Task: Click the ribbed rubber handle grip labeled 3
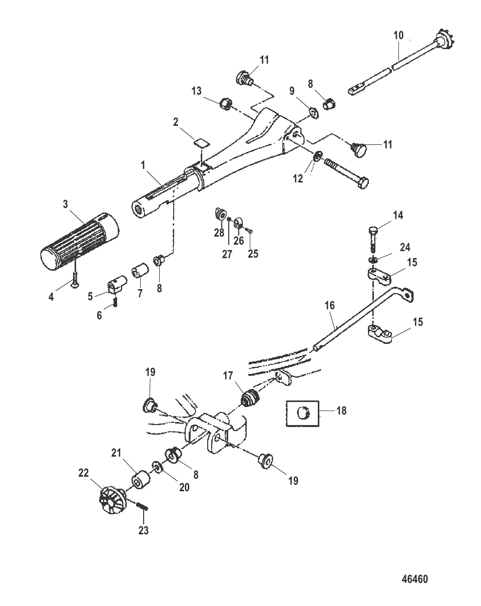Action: click(80, 242)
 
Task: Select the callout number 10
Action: click(398, 36)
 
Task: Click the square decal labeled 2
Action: click(202, 143)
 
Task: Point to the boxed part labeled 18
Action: click(302, 414)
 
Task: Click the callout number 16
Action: click(330, 305)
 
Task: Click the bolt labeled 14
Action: click(373, 240)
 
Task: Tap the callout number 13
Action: click(197, 91)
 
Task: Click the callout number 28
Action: click(219, 233)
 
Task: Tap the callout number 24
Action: click(405, 247)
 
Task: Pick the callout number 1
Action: click(143, 165)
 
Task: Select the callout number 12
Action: click(298, 178)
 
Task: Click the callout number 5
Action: click(90, 296)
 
